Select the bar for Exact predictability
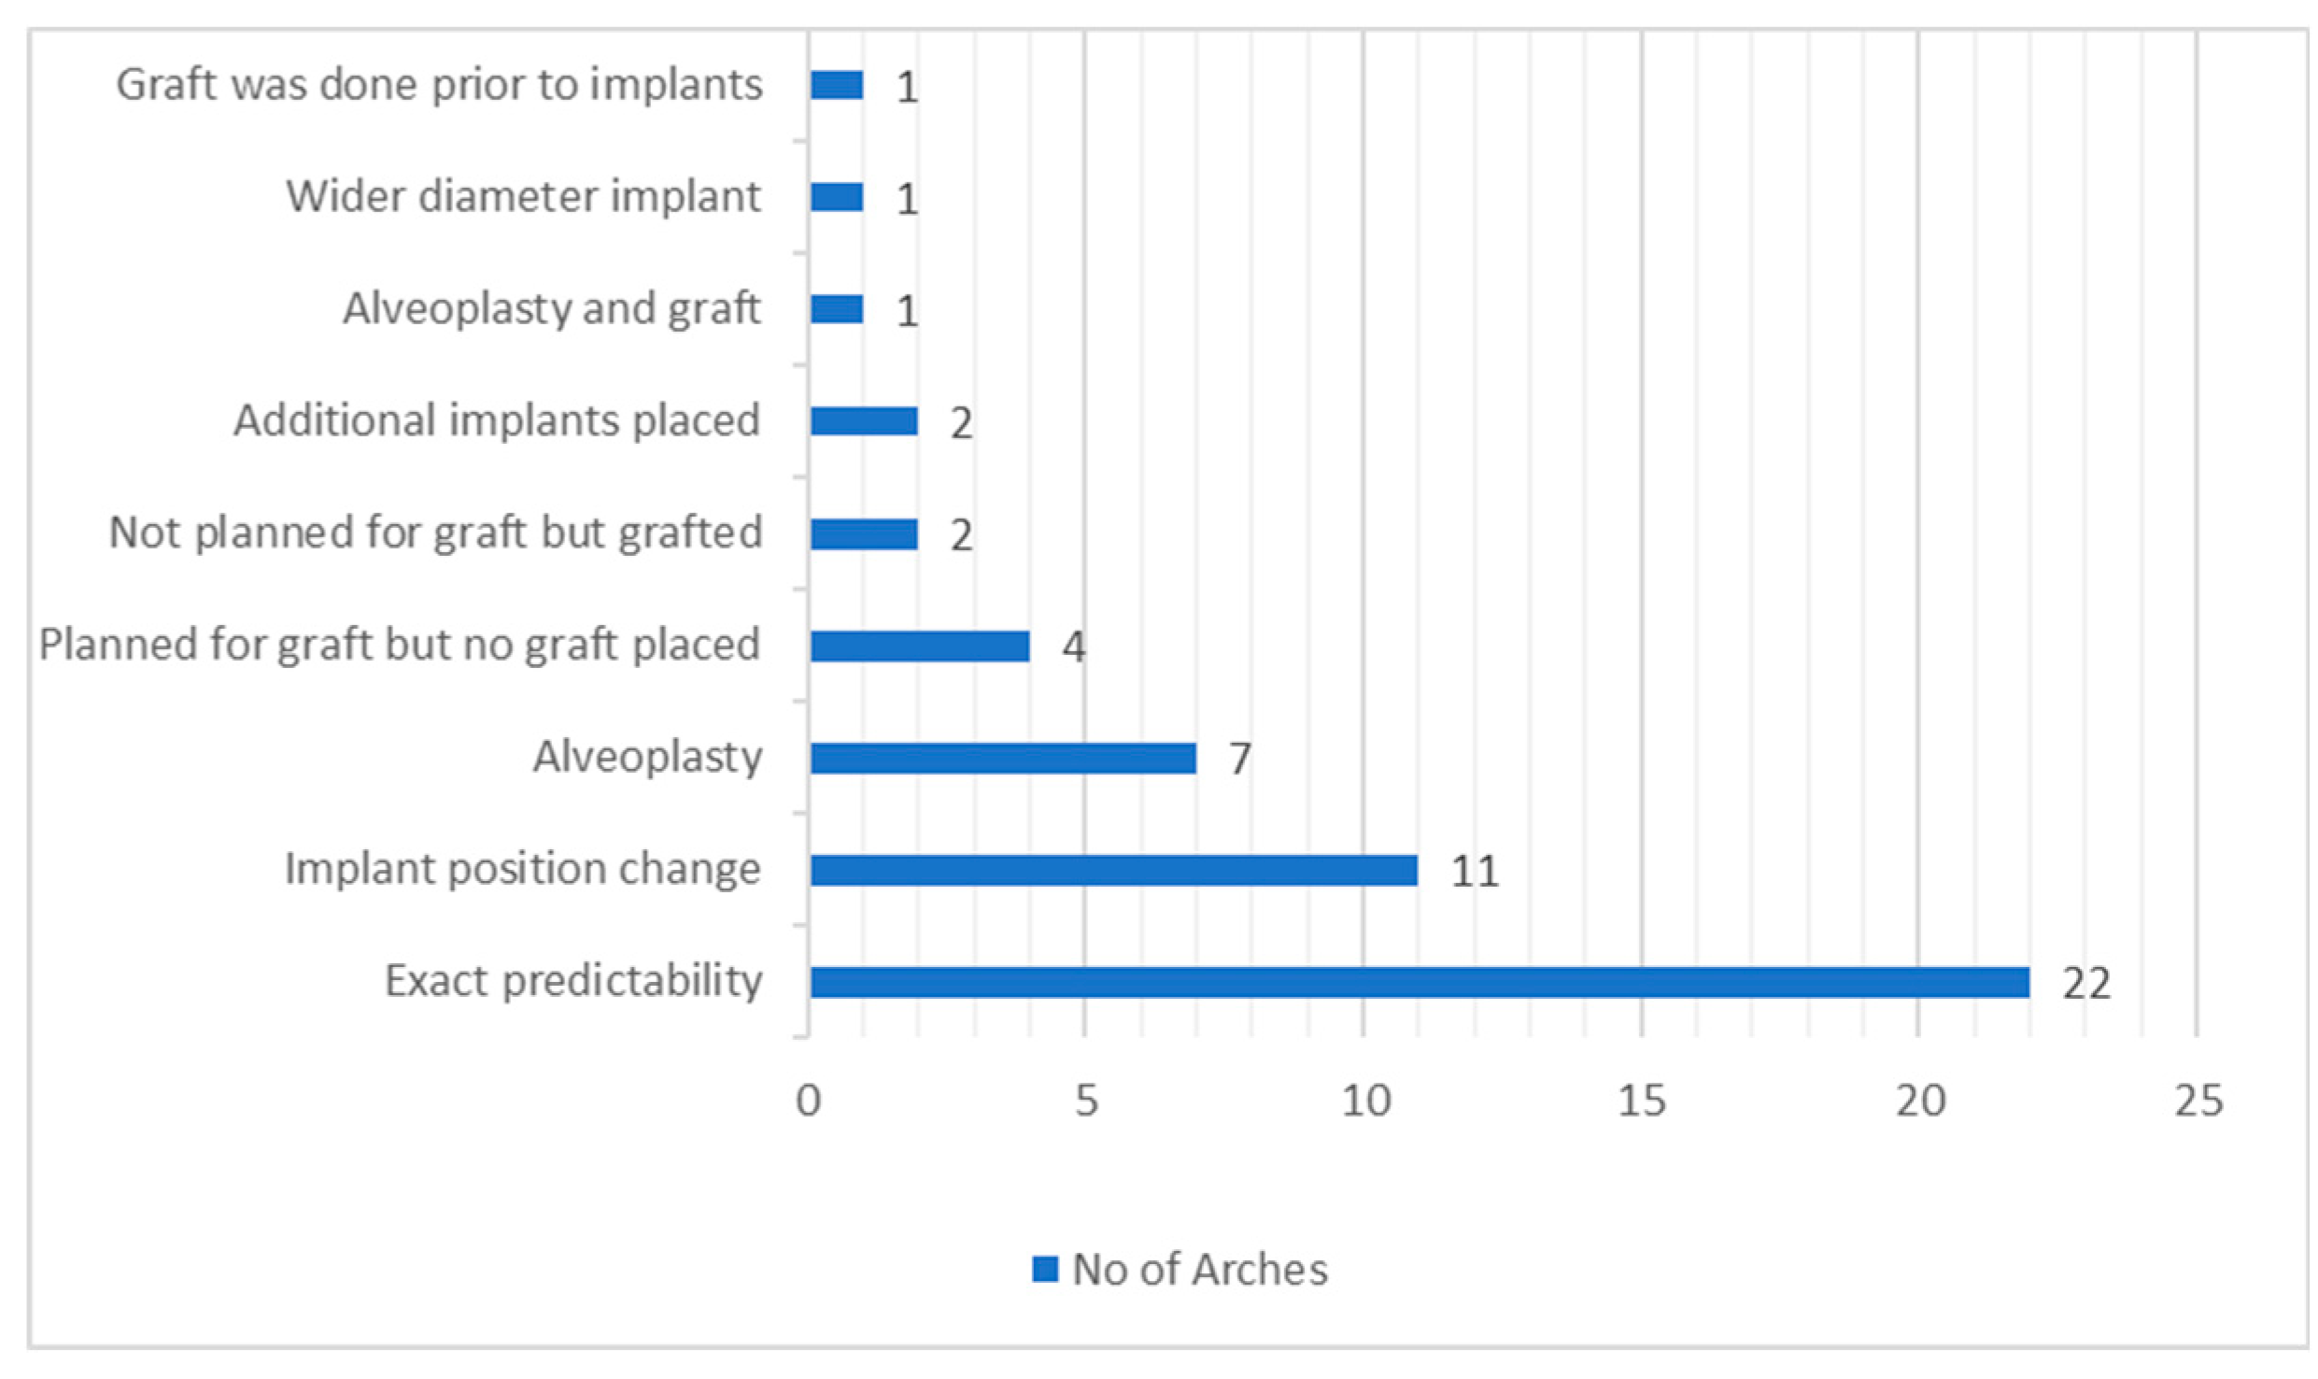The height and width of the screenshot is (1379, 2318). tap(1419, 982)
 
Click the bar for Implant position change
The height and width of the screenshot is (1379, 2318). tap(1113, 870)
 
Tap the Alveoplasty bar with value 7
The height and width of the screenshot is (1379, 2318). tap(1003, 758)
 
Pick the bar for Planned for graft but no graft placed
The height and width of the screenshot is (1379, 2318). tap(920, 646)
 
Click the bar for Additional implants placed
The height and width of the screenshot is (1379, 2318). tap(864, 421)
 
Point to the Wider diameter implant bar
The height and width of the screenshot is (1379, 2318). tap(837, 197)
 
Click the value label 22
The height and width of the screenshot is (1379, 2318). tap(2085, 984)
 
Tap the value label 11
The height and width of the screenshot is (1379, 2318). tap(1475, 872)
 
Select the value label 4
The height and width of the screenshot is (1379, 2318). tap(1073, 647)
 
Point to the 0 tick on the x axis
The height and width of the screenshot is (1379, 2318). tap(809, 1102)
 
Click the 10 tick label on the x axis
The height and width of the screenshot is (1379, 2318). tap(1365, 1102)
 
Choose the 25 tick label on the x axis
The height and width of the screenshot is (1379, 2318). tap(2198, 1102)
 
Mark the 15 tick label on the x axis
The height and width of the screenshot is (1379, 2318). tap(1642, 1102)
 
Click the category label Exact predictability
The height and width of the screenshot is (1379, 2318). tap(573, 982)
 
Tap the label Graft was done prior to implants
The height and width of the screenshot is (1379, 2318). tap(439, 85)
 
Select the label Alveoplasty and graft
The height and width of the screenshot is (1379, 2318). tap(551, 309)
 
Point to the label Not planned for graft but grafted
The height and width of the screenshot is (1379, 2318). tap(436, 533)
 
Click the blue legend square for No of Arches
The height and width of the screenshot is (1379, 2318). tap(1045, 1269)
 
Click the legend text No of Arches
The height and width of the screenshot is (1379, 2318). tap(1199, 1270)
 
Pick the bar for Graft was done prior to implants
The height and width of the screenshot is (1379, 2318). tap(837, 85)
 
